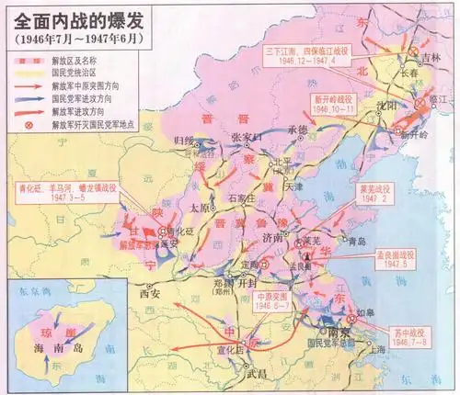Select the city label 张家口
(248, 137)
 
